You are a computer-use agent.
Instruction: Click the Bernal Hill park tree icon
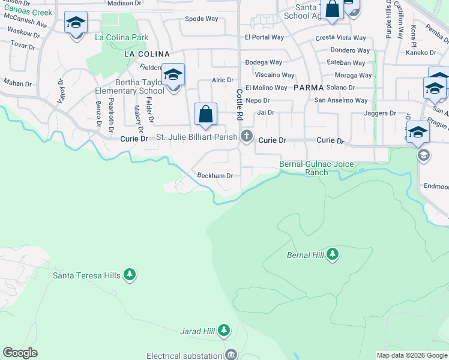(x=333, y=254)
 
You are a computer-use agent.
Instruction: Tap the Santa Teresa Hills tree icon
(x=130, y=275)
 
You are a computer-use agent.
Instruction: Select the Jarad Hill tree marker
(x=224, y=330)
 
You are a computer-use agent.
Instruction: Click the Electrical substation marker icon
(x=231, y=353)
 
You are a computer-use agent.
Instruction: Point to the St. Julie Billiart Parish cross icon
(x=246, y=137)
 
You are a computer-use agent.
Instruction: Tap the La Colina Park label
(x=122, y=37)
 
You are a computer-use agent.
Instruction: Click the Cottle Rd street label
(x=239, y=103)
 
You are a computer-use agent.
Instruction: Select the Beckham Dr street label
(x=215, y=176)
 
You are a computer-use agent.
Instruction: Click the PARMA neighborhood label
(x=309, y=88)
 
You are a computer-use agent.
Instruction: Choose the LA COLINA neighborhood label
(x=143, y=54)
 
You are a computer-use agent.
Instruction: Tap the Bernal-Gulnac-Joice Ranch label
(x=312, y=168)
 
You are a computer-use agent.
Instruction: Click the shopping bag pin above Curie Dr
(x=205, y=114)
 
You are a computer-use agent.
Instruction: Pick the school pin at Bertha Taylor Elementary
(x=173, y=76)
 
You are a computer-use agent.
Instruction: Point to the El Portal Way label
(x=264, y=37)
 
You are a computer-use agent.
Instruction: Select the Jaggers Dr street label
(x=381, y=113)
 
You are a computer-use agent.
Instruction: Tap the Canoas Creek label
(x=25, y=12)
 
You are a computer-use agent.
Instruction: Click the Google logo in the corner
(x=20, y=353)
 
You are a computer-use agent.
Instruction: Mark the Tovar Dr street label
(x=23, y=45)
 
